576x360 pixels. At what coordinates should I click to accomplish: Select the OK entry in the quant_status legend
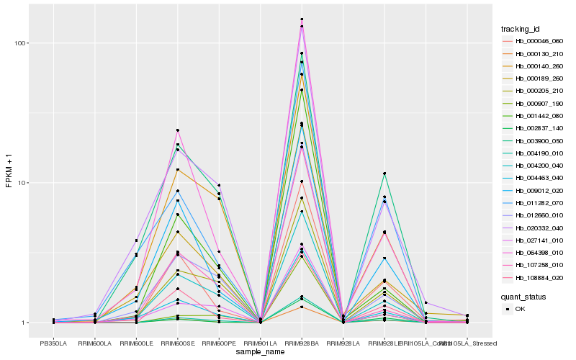pos(530,309)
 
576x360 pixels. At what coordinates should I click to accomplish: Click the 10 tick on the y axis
pos(22,183)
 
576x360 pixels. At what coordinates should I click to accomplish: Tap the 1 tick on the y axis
pos(24,323)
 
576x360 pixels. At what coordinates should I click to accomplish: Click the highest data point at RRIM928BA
pos(302,19)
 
